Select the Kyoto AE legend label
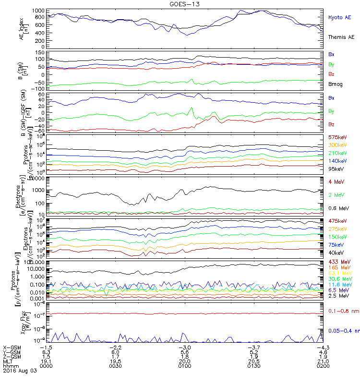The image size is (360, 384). click(x=340, y=17)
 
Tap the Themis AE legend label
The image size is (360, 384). click(x=341, y=37)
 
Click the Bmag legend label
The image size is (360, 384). click(x=335, y=84)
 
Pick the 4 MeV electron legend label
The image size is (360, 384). click(x=335, y=181)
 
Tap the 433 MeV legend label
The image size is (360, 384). click(x=337, y=261)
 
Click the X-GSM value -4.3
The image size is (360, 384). click(x=322, y=347)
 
